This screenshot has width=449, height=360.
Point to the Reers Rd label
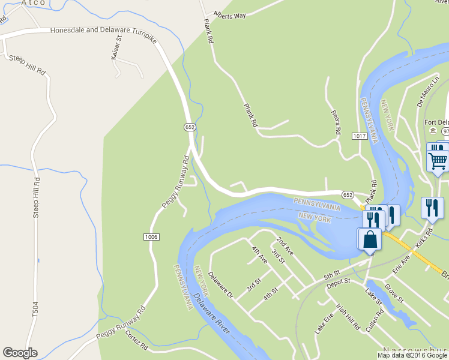pyautogui.click(x=336, y=122)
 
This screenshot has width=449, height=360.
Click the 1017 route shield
pyautogui.click(x=360, y=137)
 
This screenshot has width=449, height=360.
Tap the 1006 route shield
pyautogui.click(x=151, y=237)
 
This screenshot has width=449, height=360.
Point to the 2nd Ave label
pyautogui.click(x=285, y=245)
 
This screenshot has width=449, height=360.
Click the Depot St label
pyautogui.click(x=339, y=286)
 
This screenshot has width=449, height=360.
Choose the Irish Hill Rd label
pyautogui.click(x=348, y=316)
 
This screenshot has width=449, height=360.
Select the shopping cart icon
pyautogui.click(x=438, y=161)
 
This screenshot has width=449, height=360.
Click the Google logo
pyautogui.click(x=20, y=353)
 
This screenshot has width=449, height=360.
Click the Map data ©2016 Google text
pyautogui.click(x=412, y=355)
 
